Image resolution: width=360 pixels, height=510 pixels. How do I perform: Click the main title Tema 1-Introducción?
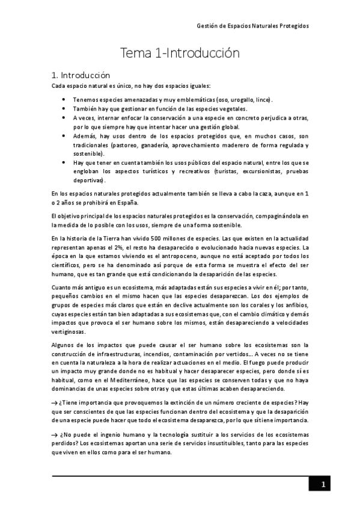click(180, 54)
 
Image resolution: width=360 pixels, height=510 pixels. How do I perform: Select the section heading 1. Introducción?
click(81, 76)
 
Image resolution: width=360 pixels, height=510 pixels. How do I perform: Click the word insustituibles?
click(208, 446)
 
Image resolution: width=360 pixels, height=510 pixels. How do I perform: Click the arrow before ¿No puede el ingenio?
click(55, 437)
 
